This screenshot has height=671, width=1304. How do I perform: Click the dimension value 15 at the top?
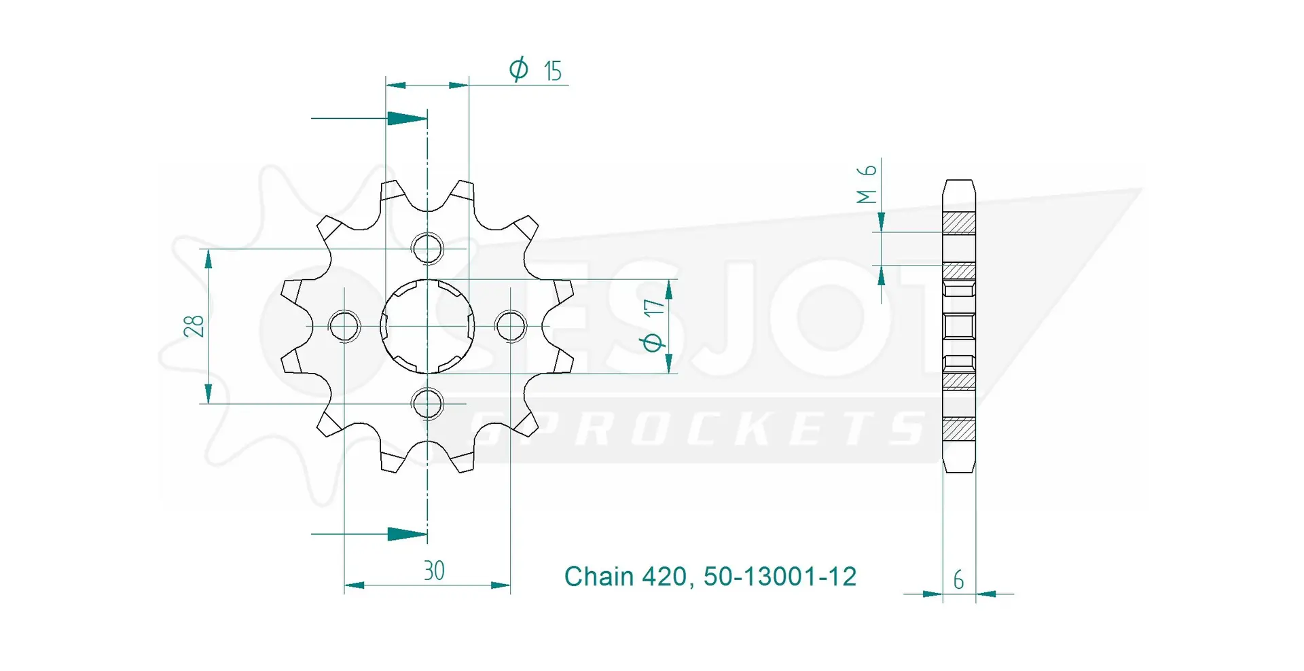553,71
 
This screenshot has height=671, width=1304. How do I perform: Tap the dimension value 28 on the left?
194,326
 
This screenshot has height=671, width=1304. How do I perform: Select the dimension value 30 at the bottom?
434,570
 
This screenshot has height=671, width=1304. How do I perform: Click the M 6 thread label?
867,183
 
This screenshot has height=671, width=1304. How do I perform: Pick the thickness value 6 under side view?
958,580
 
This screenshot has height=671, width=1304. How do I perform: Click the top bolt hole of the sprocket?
427,249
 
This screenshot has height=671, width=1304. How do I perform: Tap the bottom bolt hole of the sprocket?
427,404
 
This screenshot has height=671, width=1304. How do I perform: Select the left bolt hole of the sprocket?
344,327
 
